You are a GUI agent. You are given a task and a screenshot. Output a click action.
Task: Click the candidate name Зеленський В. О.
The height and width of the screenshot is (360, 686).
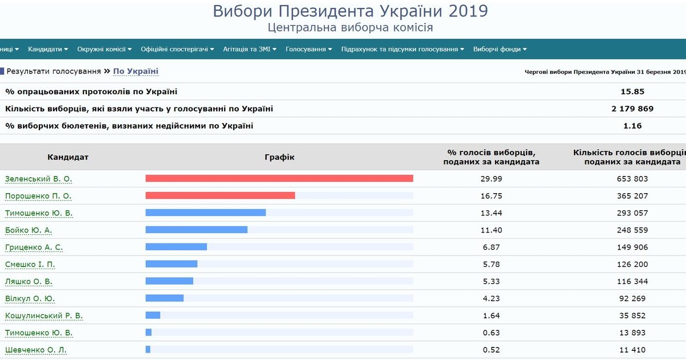38,179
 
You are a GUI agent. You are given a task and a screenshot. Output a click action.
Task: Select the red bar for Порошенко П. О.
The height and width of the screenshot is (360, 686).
220,195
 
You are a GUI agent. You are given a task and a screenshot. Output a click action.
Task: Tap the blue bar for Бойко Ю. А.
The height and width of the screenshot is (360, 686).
196,230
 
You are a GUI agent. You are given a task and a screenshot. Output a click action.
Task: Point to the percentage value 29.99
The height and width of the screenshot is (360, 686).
491,179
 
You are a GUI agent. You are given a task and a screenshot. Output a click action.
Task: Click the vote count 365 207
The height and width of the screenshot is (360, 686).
632,196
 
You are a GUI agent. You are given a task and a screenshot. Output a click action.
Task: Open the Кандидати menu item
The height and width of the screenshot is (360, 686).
47,49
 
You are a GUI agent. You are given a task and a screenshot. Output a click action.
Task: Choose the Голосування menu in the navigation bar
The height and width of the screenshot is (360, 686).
309,49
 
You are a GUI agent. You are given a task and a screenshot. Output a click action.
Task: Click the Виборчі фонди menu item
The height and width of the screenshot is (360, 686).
500,49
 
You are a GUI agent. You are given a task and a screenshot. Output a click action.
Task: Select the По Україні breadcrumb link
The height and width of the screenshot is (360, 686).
135,71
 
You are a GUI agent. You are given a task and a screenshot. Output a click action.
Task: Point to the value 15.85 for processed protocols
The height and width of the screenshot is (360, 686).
632,91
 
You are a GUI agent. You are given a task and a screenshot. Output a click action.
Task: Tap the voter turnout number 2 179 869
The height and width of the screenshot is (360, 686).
632,109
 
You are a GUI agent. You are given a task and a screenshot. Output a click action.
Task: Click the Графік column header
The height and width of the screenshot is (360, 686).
280,157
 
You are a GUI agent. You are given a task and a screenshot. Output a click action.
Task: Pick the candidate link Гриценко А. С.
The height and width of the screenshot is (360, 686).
34,247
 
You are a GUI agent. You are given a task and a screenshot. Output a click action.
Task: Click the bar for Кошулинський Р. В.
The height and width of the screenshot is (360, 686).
153,315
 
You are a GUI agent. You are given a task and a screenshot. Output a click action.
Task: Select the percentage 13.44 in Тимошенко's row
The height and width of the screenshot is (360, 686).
491,213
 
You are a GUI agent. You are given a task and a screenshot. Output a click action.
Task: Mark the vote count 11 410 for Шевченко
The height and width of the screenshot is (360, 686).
632,350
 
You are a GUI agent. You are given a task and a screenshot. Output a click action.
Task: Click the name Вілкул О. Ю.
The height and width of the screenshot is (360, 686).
30,299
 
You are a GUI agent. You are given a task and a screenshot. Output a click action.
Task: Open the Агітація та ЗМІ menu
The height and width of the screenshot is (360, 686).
250,49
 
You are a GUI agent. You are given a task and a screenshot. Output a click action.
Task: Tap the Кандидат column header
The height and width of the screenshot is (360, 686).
68,157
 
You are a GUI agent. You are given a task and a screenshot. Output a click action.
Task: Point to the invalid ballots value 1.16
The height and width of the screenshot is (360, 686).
632,126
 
